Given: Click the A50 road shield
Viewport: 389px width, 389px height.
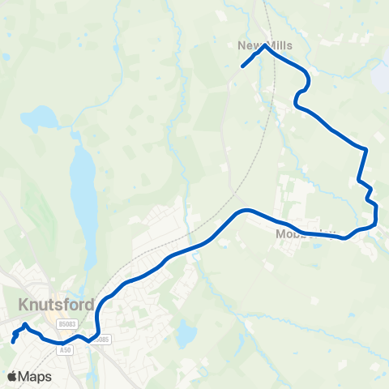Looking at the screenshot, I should (x=68, y=348).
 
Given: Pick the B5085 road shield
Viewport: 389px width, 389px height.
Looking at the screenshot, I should (x=101, y=339).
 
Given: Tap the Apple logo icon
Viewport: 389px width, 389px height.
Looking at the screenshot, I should (x=11, y=377).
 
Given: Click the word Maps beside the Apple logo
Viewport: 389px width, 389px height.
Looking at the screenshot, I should (x=35, y=377).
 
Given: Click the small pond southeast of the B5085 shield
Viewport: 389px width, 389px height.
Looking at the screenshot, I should (x=186, y=332).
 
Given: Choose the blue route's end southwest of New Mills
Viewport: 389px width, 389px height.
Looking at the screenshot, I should (x=242, y=66).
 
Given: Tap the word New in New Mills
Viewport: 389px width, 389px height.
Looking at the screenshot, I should (x=248, y=45).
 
